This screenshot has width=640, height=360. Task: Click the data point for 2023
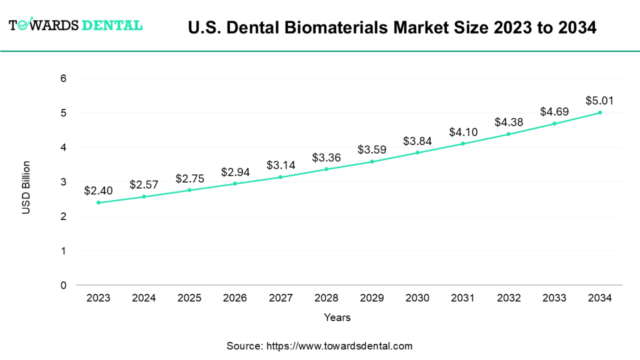(x=98, y=202)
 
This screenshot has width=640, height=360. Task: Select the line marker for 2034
(x=600, y=112)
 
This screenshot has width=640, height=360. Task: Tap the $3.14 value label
(x=280, y=165)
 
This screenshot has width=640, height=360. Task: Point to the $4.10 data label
(x=462, y=132)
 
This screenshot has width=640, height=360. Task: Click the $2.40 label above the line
(x=97, y=191)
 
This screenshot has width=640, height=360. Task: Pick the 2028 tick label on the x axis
(x=326, y=298)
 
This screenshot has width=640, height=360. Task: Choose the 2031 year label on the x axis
(x=463, y=298)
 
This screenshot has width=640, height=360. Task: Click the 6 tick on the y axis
(x=63, y=79)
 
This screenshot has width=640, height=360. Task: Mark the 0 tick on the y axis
(x=63, y=286)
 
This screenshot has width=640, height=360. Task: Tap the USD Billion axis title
(x=26, y=187)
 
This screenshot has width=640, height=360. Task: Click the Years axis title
(x=337, y=317)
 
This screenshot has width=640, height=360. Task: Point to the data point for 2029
(x=372, y=161)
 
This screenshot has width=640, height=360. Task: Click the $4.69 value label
(x=554, y=112)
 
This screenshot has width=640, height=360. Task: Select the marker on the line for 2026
(x=235, y=184)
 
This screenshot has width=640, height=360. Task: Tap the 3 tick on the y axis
(x=63, y=182)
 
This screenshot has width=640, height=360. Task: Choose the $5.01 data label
(x=599, y=101)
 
